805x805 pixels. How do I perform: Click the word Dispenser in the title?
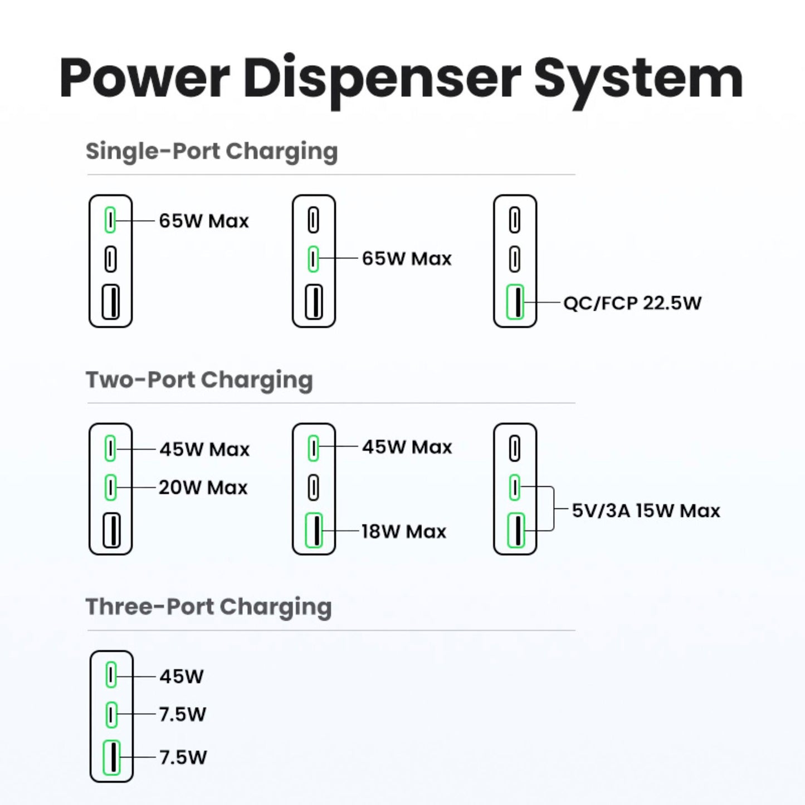point(382,78)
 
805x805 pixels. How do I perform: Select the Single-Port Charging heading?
point(212,152)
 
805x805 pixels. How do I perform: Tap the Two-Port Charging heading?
point(199,380)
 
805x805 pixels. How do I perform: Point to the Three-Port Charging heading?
point(208,607)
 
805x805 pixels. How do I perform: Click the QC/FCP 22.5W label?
point(632,303)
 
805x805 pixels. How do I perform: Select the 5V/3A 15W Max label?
point(646,511)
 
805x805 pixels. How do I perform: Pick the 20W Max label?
point(203,488)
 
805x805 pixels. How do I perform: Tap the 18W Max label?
point(404,531)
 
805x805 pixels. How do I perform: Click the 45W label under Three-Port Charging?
point(182,676)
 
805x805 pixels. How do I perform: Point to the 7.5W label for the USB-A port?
point(183,758)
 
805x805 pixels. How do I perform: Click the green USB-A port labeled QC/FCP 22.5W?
point(515,303)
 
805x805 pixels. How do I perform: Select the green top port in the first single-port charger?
point(110,220)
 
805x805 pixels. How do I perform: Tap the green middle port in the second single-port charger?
point(313,258)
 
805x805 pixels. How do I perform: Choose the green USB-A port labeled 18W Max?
point(314,530)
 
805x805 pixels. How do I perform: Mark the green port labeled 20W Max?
point(110,487)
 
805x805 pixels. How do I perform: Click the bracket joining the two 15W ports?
point(553,509)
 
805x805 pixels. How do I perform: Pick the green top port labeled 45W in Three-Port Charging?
point(111,676)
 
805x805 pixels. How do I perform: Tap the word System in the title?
point(638,78)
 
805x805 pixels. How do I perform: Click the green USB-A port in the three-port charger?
point(111,757)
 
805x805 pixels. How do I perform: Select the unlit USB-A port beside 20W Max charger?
point(111,530)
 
